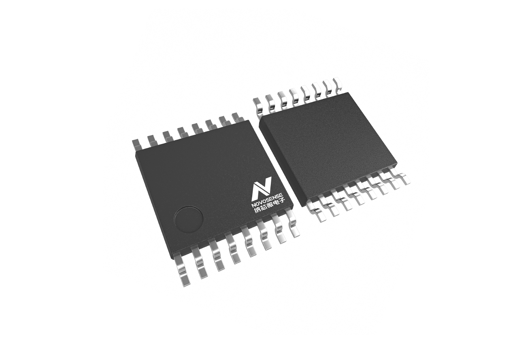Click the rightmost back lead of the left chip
tap(238, 117)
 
